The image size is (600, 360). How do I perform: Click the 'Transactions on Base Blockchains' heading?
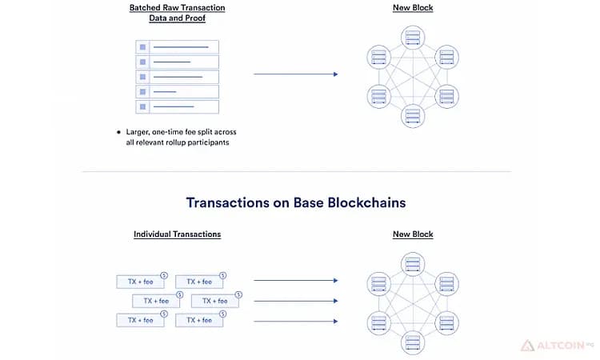pos(296,202)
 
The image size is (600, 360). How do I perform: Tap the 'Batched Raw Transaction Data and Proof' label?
pos(177,13)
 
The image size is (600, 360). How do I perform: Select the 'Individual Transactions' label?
pos(177,234)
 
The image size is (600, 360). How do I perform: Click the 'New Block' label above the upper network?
pos(413,8)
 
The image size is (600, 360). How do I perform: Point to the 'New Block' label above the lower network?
pos(413,234)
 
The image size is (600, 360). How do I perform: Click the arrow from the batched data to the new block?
pos(296,74)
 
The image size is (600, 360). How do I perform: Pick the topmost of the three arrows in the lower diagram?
pos(296,281)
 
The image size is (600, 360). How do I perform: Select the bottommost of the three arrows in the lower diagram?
pos(296,322)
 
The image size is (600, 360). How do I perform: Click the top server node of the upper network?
pos(413,38)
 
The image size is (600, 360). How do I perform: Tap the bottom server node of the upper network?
pos(413,115)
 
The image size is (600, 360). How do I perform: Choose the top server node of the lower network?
pos(413,264)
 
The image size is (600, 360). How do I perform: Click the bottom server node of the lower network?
pos(413,342)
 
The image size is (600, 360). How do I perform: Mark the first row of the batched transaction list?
pos(177,47)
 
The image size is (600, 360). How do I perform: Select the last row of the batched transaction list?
pos(177,106)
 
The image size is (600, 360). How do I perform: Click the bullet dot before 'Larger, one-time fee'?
pos(118,132)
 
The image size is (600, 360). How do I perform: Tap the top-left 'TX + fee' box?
pos(141,282)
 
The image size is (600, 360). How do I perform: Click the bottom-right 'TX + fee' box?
pos(199,320)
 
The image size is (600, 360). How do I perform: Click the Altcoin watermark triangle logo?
pos(527,346)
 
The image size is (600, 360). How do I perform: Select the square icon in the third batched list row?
pos(142,77)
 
